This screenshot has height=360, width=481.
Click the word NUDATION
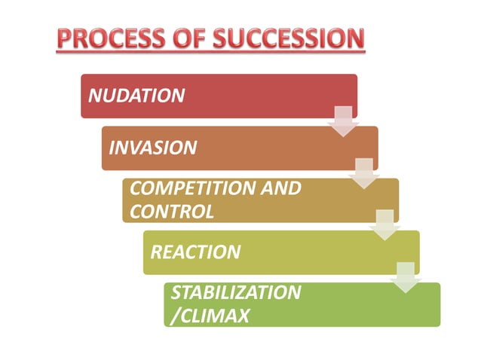[x=136, y=96]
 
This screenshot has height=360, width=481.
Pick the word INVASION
[x=153, y=147]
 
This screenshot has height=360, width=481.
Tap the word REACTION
[x=195, y=252]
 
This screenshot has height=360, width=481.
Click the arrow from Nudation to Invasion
[x=343, y=121]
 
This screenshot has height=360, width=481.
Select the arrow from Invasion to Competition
[x=363, y=173]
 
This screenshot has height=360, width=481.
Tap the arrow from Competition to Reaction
[x=384, y=225]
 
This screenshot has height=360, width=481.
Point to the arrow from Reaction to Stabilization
[x=406, y=277]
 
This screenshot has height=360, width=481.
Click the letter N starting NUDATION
[x=94, y=96]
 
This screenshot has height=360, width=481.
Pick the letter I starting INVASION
[x=112, y=147]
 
